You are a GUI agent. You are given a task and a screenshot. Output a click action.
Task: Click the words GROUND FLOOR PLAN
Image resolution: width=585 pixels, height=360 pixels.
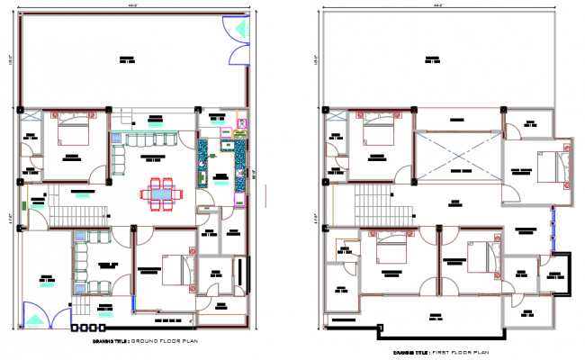tap(170, 343)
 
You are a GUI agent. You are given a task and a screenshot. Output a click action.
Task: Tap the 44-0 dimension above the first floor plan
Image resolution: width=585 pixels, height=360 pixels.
tap(441, 5)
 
